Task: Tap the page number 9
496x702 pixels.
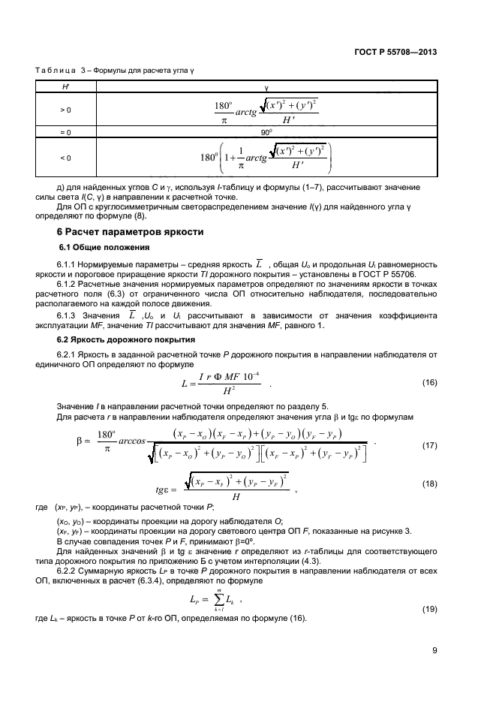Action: point(434,651)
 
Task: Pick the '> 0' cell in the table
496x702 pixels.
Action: point(65,110)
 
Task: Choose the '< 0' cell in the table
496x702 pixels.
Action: point(65,158)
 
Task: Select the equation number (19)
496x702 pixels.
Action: point(429,607)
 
